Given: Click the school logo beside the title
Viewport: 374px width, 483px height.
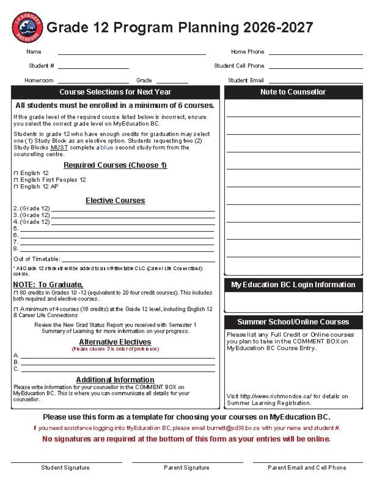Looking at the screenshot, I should [x=27, y=27].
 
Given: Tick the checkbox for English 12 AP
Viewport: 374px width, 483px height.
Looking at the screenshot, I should [x=16, y=187].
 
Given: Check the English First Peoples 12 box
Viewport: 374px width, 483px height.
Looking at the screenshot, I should [x=16, y=180].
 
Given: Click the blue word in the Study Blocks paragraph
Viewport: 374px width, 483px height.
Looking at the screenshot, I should [x=107, y=147].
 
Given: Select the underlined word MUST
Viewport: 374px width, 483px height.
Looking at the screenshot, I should [x=59, y=147].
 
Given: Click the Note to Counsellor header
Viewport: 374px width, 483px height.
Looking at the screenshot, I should [x=293, y=92].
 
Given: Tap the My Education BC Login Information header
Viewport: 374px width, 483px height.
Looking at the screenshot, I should [x=293, y=285].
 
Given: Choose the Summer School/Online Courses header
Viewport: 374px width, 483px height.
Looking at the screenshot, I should [x=293, y=322].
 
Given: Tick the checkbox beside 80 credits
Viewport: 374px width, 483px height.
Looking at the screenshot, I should [x=16, y=293].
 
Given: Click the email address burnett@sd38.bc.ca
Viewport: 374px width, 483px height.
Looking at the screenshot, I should [x=233, y=428].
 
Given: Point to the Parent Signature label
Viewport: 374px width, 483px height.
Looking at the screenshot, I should [x=187, y=468].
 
